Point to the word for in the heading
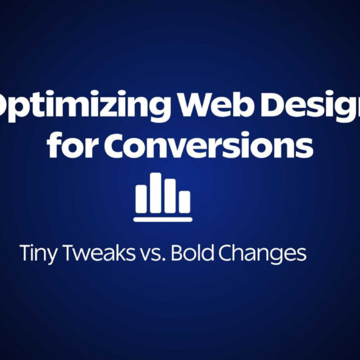coord(67,145)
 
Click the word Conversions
coord(203,145)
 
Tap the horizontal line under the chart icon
coord(163,219)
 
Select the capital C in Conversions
coord(108,145)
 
